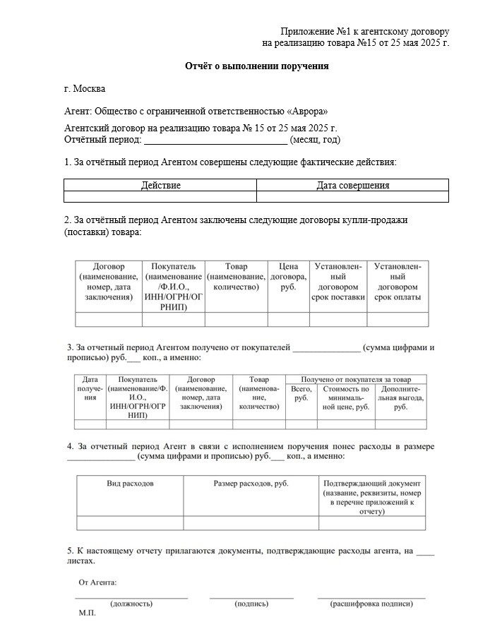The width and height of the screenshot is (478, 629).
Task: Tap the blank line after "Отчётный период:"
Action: click(x=215, y=140)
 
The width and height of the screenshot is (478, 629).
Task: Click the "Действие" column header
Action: click(x=160, y=186)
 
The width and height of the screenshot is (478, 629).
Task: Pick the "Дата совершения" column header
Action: click(x=352, y=186)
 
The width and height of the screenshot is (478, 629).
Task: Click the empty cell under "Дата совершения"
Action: click(x=352, y=197)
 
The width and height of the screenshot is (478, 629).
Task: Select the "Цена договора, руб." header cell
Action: click(x=288, y=277)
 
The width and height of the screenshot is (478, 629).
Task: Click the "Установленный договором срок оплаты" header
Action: click(x=399, y=282)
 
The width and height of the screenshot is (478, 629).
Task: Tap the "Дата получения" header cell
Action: click(x=90, y=388)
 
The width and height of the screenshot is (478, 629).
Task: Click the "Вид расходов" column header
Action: click(x=130, y=484)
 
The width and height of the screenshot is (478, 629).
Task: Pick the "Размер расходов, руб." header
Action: click(x=251, y=484)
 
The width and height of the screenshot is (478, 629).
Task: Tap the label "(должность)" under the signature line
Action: click(x=132, y=604)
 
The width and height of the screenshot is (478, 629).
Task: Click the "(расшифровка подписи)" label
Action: click(x=371, y=604)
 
